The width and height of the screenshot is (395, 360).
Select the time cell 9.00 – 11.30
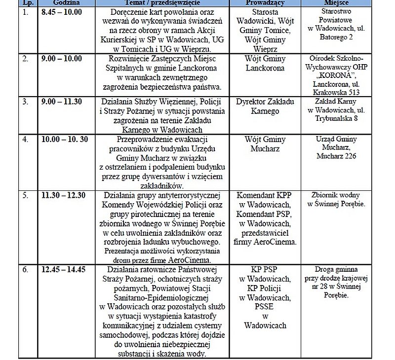(63, 101)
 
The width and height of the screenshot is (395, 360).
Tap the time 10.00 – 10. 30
(65, 140)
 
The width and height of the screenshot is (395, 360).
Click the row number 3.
(26, 101)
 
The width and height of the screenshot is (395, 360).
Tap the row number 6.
(26, 270)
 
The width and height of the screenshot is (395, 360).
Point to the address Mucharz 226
(336, 156)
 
